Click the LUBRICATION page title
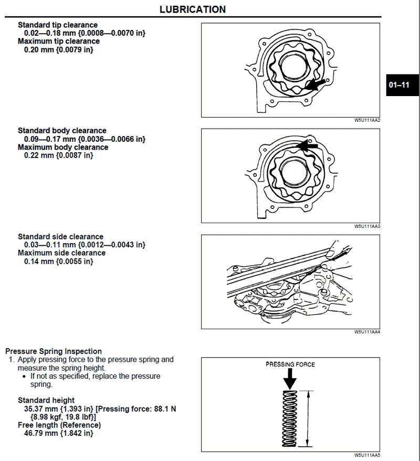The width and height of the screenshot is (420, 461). tap(193, 9)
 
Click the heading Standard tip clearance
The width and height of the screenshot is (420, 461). tap(58, 25)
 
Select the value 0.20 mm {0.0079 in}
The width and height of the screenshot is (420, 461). tap(59, 49)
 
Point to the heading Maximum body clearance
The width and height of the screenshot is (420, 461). tap(63, 147)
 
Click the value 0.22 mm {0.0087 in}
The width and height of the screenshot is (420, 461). tap(59, 155)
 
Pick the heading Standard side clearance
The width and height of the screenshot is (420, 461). tap(60, 236)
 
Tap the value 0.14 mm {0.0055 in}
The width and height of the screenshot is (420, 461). tap(59, 261)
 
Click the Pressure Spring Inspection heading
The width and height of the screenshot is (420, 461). tap(54, 351)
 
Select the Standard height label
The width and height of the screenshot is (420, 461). tap(46, 400)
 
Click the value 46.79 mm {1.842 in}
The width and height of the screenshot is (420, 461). tap(59, 433)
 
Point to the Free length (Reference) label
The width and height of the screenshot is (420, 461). tap(59, 425)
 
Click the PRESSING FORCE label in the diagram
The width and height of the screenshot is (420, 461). tap(290, 364)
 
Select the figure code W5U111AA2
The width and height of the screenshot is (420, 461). tap(367, 120)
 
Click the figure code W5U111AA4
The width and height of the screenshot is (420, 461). tap(367, 332)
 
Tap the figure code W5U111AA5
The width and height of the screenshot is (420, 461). tap(367, 455)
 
